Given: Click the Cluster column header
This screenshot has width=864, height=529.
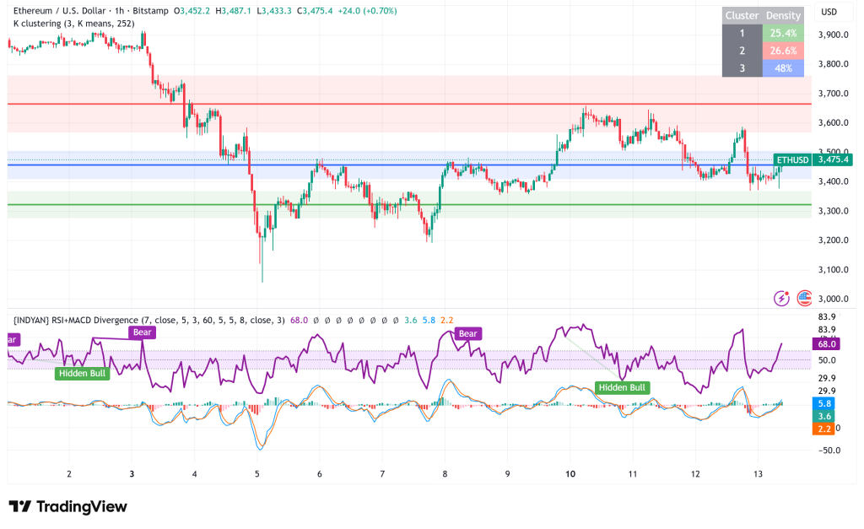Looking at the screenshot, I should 742,16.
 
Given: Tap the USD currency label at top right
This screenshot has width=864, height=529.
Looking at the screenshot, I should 829,12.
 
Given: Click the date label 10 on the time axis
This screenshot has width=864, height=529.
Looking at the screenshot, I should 570,474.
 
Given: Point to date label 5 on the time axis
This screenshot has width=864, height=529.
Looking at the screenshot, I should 257,474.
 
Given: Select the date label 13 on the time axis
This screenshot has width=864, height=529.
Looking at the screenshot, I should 758,474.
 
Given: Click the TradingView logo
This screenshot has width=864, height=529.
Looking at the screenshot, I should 68,506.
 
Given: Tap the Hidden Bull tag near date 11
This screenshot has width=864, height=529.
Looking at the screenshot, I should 622,387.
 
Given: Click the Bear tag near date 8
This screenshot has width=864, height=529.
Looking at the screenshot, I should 467,334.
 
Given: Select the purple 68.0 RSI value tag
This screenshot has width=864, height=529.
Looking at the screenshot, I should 827,343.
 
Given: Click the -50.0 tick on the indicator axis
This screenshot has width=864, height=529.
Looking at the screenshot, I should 828,450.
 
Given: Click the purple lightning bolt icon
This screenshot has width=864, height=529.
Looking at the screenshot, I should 782,298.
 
